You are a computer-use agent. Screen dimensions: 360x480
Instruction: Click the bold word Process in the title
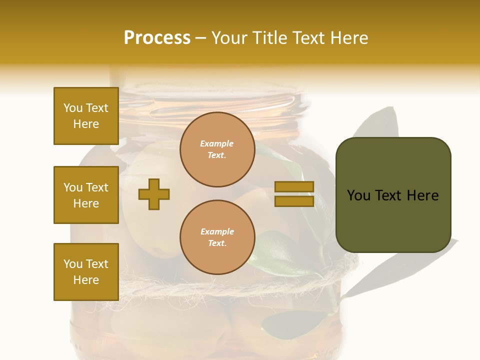[157, 38]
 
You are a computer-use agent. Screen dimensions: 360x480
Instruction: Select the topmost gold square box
[86, 116]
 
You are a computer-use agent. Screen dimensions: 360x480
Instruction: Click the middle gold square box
[86, 195]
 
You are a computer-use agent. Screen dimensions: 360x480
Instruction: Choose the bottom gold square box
[86, 272]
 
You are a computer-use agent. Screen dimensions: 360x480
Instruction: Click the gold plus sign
[154, 194]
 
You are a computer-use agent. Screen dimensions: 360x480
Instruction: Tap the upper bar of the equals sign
[294, 187]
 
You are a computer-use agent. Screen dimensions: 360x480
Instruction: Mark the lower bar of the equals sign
[294, 201]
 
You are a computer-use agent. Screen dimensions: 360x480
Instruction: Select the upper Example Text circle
[217, 149]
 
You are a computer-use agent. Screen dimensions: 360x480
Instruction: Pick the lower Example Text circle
[217, 237]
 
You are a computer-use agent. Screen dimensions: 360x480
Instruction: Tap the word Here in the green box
[423, 195]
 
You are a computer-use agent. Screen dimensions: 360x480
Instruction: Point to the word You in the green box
[358, 195]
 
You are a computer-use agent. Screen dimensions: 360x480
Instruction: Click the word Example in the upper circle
[217, 144]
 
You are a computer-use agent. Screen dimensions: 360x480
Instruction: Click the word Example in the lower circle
[217, 232]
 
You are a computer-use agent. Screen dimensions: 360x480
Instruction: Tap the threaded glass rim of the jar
[210, 102]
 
